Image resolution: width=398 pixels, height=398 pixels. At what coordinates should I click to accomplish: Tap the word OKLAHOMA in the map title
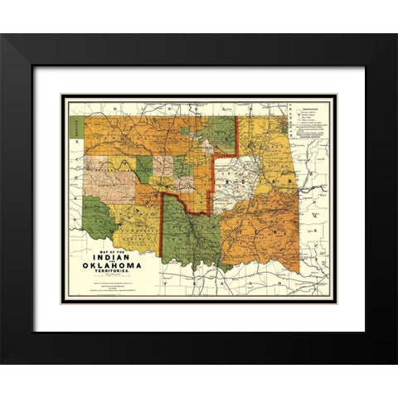click(115, 266)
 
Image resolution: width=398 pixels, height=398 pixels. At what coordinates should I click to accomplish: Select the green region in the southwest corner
click(99, 217)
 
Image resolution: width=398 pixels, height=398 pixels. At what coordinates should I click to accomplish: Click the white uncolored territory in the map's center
click(236, 178)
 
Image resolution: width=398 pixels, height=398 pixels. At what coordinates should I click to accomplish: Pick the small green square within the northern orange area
click(182, 167)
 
